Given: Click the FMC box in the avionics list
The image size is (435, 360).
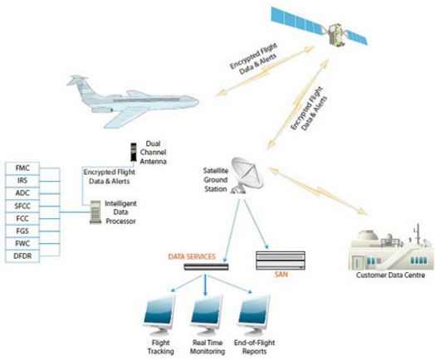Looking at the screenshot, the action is point(22,168).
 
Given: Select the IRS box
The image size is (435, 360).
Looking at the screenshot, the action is point(22,181).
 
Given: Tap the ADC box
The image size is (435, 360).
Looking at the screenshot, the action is point(22,193).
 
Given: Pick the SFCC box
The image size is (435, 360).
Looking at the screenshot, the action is point(22,206).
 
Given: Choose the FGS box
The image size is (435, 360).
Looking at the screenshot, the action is point(22,231).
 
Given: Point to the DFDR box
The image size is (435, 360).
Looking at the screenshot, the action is point(22,256).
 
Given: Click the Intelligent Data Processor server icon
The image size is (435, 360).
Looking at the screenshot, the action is point(95,212).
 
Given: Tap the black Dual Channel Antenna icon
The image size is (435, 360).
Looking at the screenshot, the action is point(134,152).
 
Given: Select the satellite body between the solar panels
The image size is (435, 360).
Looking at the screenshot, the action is point(336,35).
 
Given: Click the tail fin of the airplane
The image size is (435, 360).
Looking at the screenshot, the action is point(79,85).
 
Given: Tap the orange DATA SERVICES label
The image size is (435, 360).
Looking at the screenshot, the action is point(192,256).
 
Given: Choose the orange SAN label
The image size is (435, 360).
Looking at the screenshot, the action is point(281,275).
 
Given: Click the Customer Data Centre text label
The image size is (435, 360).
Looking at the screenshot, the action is point(391,275).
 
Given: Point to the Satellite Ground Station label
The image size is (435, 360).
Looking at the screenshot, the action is point(216,179).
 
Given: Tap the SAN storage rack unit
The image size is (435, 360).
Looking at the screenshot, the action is point(281,260).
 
